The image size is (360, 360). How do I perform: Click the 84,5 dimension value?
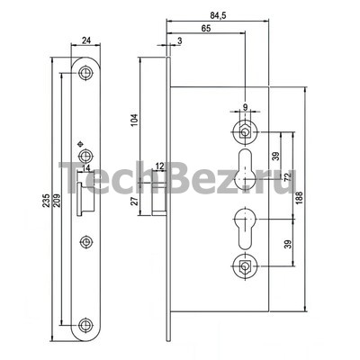click(x=218, y=16)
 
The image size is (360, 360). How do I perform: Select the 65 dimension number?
click(x=206, y=28)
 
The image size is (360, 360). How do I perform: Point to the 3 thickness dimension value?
click(x=179, y=40)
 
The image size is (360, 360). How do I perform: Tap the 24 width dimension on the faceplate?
click(x=86, y=40)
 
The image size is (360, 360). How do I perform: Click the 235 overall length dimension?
click(x=46, y=201)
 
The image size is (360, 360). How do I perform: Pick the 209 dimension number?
click(x=57, y=201)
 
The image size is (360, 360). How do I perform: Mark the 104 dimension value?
click(x=135, y=120)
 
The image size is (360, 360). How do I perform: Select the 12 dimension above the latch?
click(x=160, y=166)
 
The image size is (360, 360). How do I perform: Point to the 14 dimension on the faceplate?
click(x=85, y=168)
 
